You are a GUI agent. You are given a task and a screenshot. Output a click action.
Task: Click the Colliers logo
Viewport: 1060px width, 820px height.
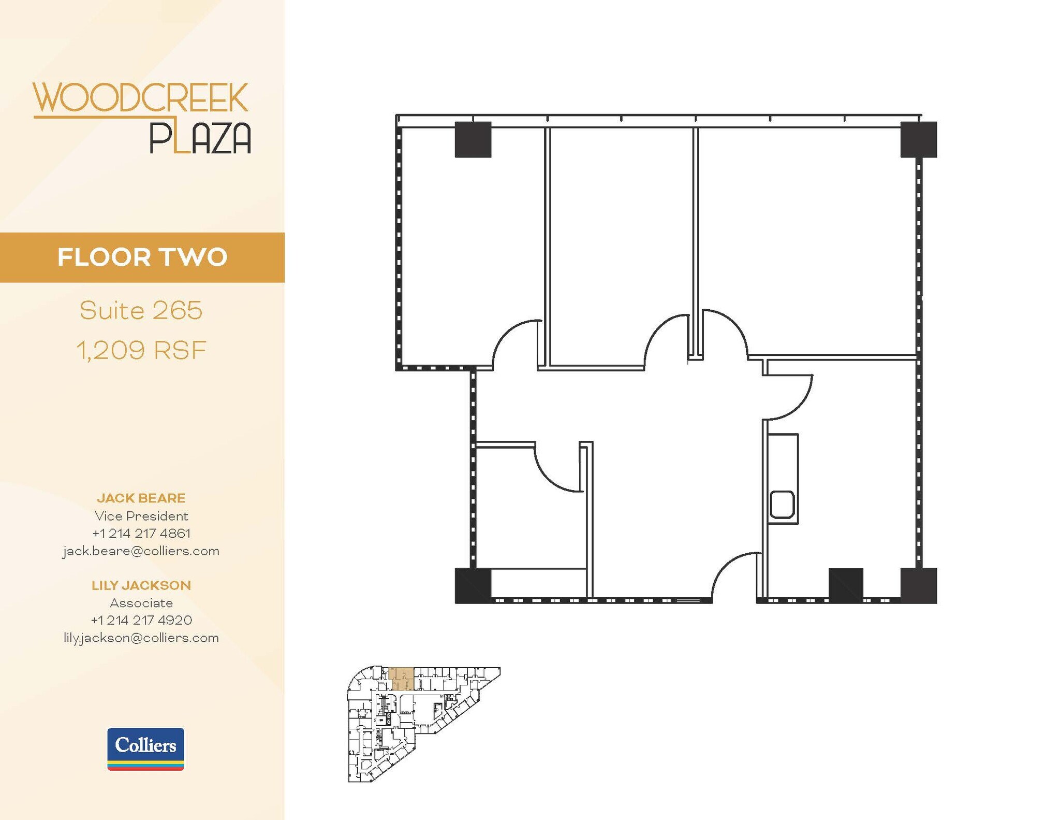[145, 749]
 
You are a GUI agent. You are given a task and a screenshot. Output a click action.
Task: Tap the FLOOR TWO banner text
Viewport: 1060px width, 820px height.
[142, 257]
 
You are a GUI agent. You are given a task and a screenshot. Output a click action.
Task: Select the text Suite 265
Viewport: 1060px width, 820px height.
[141, 311]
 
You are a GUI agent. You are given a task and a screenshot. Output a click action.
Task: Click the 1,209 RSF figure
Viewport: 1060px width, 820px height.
[141, 350]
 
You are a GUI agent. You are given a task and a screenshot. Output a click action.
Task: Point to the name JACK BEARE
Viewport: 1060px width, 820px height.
[141, 498]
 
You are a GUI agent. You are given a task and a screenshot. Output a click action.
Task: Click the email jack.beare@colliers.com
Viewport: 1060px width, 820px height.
[141, 551]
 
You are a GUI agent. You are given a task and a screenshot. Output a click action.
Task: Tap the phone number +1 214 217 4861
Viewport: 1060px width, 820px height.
[141, 533]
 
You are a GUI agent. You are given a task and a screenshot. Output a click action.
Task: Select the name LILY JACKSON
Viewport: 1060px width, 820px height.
[141, 585]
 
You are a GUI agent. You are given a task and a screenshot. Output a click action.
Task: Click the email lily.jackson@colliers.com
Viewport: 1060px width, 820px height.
[141, 638]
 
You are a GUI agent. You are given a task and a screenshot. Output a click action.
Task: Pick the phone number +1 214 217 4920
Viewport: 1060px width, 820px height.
[141, 620]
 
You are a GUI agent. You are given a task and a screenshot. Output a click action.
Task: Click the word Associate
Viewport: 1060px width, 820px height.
[141, 603]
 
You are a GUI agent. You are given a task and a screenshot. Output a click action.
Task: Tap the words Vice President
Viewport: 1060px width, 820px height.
[141, 516]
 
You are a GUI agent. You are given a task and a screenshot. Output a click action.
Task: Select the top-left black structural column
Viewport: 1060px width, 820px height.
[473, 140]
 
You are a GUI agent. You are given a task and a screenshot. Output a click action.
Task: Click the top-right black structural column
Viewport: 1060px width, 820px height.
[919, 140]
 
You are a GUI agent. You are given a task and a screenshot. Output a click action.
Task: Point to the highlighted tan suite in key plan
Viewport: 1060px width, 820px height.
[401, 678]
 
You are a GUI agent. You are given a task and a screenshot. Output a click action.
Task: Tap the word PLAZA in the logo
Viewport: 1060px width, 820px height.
[200, 138]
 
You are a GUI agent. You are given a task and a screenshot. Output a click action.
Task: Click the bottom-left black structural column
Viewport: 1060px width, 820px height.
[473, 585]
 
